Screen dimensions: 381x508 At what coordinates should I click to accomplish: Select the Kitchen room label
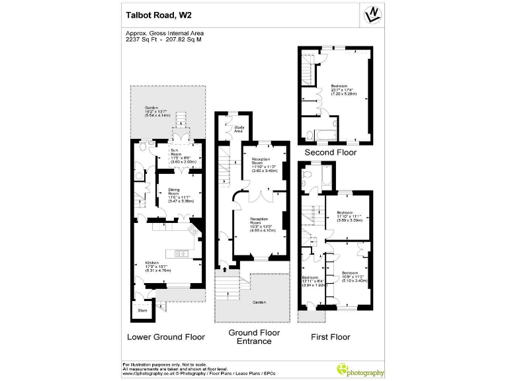pyautogui.click(x=153, y=263)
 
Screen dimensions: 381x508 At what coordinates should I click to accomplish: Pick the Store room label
pyautogui.click(x=142, y=310)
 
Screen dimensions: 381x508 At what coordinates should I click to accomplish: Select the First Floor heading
pyautogui.click(x=330, y=337)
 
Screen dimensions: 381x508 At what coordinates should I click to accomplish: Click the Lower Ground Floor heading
pyautogui.click(x=165, y=337)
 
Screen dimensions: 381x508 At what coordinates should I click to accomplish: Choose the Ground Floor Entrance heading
pyautogui.click(x=254, y=337)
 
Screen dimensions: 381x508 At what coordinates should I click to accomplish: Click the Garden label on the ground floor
pyautogui.click(x=259, y=302)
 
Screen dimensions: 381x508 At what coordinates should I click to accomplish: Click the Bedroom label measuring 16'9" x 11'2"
pyautogui.click(x=349, y=272)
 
